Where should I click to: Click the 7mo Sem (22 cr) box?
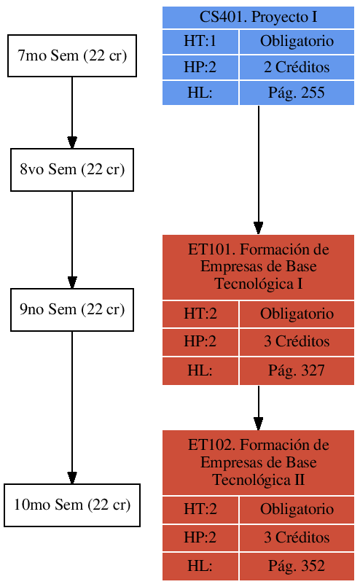tap(72, 56)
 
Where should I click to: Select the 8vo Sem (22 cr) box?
tap(72, 170)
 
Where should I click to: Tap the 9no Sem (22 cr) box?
tap(72, 309)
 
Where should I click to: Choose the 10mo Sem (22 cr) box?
tap(72, 505)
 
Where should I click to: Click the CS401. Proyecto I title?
tap(258, 18)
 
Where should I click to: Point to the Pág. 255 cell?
tap(296, 93)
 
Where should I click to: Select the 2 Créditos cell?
tap(296, 68)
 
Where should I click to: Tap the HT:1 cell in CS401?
tap(200, 42)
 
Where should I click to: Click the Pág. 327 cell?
tap(296, 370)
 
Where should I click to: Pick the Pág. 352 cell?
tap(296, 566)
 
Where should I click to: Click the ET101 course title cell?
tap(258, 267)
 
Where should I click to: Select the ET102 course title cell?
tap(258, 462)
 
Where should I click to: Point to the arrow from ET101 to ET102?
tap(258, 407)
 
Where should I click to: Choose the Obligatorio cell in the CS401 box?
tap(296, 42)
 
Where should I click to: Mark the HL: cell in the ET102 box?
tap(200, 566)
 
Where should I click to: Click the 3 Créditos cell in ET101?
tap(296, 341)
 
